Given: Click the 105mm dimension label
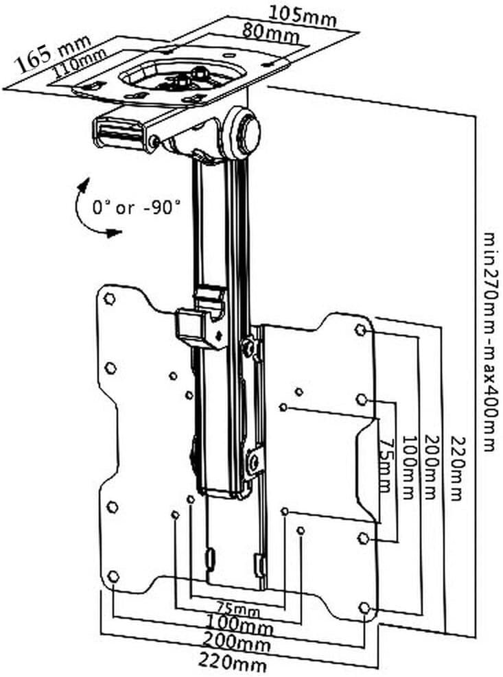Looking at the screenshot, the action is click(303, 15).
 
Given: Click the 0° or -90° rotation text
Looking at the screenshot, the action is click(136, 208).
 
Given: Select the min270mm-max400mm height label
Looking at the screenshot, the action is click(489, 342).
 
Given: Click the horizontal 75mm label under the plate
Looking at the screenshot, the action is click(238, 610).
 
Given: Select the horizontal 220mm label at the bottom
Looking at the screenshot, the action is click(232, 661).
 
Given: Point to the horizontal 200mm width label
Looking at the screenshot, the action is click(237, 641).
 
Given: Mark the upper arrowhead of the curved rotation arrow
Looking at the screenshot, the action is click(82, 185).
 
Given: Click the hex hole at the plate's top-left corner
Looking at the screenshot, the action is click(110, 298).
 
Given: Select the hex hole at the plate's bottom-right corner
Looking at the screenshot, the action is click(364, 608).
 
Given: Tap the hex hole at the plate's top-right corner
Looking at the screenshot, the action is click(360, 331).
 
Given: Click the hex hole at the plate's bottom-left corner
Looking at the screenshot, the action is click(113, 576).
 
